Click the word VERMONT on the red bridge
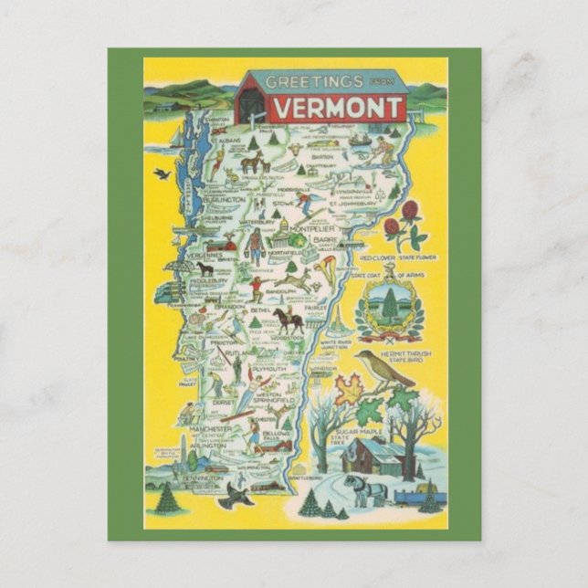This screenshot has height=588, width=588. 334,107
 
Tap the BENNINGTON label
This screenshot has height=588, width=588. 202,478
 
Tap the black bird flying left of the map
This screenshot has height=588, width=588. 162,173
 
